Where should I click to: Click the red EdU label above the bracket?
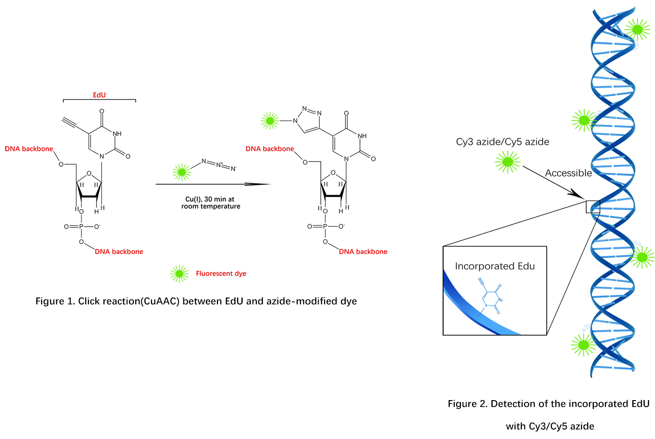point(99,95)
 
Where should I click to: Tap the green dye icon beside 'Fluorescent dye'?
point(179,274)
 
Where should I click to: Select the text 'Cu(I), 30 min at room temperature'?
point(211,203)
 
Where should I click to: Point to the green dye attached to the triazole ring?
point(270,121)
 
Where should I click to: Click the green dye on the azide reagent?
point(182,172)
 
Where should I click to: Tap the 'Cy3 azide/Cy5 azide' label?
point(502,142)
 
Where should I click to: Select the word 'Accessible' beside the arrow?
point(568,173)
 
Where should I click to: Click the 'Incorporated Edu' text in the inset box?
point(495,266)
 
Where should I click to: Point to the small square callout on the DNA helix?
point(593,207)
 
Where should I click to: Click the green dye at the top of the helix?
point(637,30)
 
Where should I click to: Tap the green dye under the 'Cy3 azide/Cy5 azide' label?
point(507,162)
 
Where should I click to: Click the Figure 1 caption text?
point(196,301)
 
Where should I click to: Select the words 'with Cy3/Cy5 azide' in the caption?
point(550,426)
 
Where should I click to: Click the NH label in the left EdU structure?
point(117,134)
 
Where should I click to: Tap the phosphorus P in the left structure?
point(81,227)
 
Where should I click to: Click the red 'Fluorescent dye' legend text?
point(221,274)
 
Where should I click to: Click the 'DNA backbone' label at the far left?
point(29,149)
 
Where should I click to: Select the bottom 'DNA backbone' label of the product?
point(363,252)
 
